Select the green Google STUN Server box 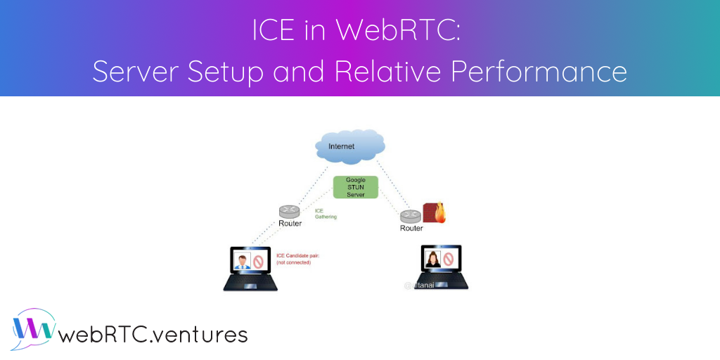(x=356, y=186)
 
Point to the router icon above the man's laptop (x=289, y=211)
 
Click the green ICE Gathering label (x=326, y=213)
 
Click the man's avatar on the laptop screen (x=243, y=262)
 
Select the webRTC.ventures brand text (x=153, y=334)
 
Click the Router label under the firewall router (x=411, y=228)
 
